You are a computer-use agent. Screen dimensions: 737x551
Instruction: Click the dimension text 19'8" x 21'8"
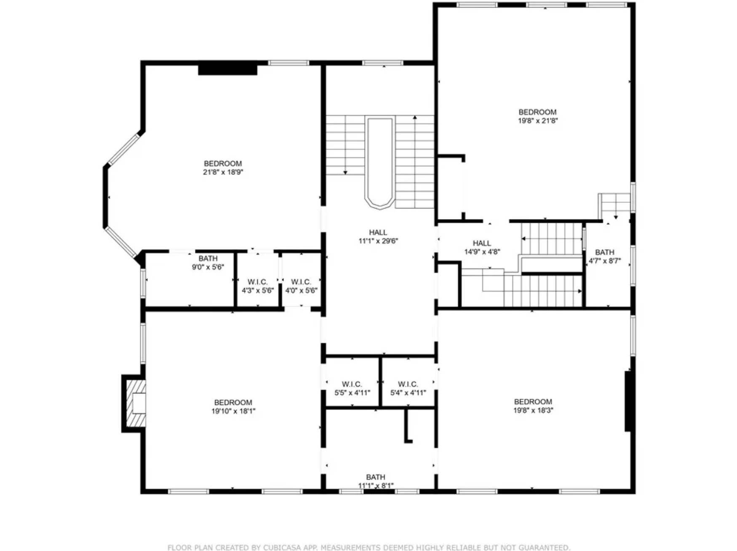tap(537, 120)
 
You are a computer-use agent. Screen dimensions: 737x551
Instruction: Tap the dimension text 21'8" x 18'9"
tap(223, 172)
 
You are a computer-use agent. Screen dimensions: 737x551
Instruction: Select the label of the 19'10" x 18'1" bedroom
tap(233, 402)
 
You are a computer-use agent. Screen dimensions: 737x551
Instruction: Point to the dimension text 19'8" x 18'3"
tap(533, 410)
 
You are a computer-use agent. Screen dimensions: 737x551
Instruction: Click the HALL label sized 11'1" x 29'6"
tap(378, 232)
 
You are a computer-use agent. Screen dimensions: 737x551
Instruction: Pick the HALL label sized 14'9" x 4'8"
tap(482, 243)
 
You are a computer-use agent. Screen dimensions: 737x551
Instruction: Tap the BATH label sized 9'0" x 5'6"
tap(208, 258)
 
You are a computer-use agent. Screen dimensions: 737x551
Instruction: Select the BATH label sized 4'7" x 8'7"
tap(605, 252)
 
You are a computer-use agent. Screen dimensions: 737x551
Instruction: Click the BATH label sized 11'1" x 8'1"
tap(375, 477)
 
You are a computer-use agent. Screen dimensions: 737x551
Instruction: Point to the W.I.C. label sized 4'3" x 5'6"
tap(257, 282)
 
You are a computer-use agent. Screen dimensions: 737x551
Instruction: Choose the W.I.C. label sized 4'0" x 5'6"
tap(301, 282)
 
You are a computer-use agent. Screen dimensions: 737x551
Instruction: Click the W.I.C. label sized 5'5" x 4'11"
tap(352, 384)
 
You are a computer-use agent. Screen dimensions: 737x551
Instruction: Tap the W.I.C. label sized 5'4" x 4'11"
tap(408, 384)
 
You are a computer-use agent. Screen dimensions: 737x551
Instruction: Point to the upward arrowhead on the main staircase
tap(415, 118)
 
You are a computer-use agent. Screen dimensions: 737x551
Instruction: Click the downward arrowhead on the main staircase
tap(345, 172)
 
